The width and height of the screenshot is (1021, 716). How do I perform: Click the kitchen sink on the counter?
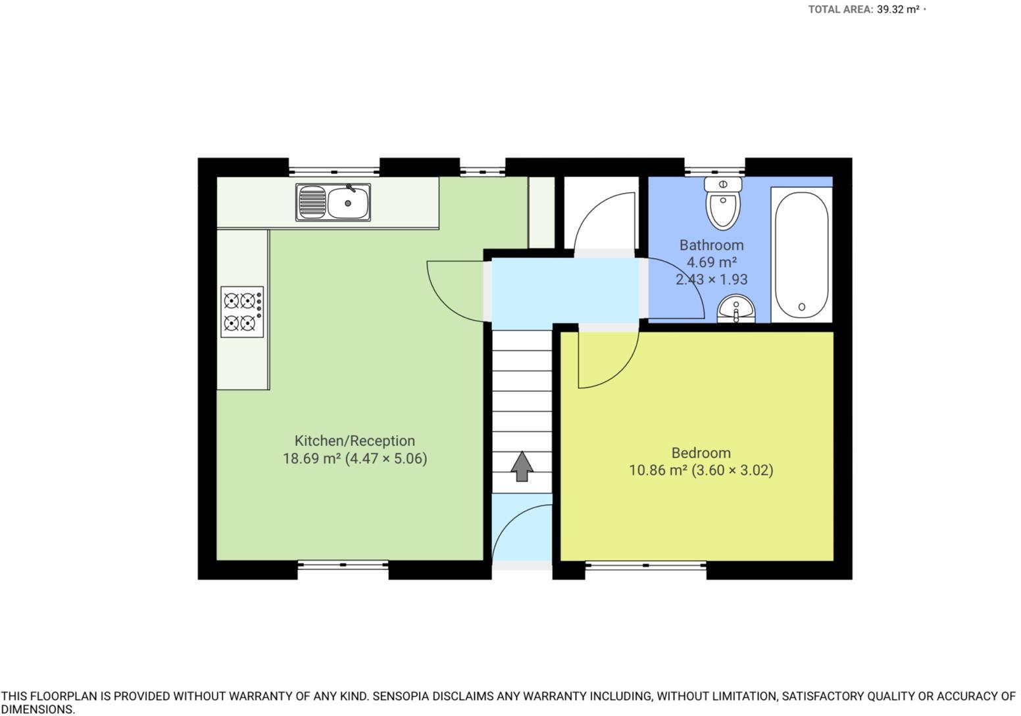click(x=333, y=202)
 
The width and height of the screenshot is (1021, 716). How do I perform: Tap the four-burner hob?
click(x=241, y=312)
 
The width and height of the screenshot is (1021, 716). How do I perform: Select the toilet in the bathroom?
click(x=723, y=203)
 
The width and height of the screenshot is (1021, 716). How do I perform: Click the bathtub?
click(x=801, y=255)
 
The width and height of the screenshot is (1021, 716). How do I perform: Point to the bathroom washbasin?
click(x=735, y=309)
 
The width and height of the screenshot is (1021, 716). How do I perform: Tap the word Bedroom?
click(x=701, y=453)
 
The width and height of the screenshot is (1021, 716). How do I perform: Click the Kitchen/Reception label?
click(x=355, y=441)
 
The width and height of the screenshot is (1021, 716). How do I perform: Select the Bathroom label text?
click(x=711, y=245)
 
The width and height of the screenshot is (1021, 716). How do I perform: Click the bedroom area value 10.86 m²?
click(x=658, y=471)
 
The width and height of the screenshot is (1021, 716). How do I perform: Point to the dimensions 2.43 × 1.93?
click(x=711, y=279)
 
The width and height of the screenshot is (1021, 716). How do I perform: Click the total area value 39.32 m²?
click(x=898, y=9)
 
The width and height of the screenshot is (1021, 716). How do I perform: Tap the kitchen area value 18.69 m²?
click(x=311, y=459)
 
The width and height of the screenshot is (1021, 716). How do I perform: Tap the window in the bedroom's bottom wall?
click(x=645, y=565)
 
